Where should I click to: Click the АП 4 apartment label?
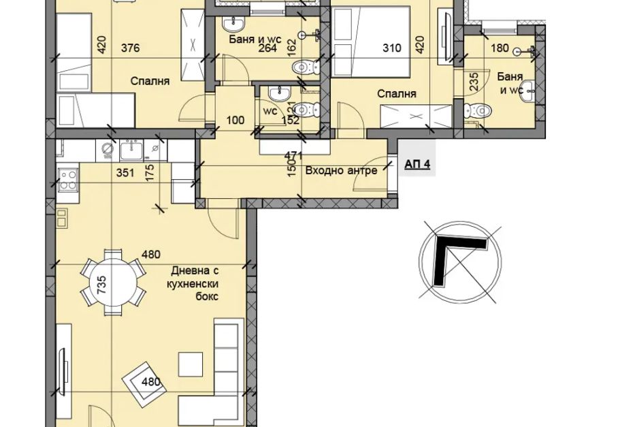(x=417, y=164)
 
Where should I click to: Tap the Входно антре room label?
(x=341, y=170)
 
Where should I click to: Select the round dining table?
(x=113, y=281)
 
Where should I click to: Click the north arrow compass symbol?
(x=460, y=262)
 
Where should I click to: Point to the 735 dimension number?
(x=101, y=284)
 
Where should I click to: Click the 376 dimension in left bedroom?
(x=131, y=48)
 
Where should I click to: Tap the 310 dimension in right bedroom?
(x=392, y=48)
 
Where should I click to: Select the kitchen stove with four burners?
(x=67, y=180)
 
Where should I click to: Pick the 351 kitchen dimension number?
(x=125, y=173)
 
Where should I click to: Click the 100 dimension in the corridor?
(x=236, y=120)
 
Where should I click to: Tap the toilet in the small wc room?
(x=307, y=109)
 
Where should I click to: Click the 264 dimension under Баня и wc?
(x=267, y=48)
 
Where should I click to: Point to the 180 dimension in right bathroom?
(x=500, y=48)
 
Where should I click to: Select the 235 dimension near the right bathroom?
(x=474, y=81)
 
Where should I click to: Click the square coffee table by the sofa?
(x=191, y=365)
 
